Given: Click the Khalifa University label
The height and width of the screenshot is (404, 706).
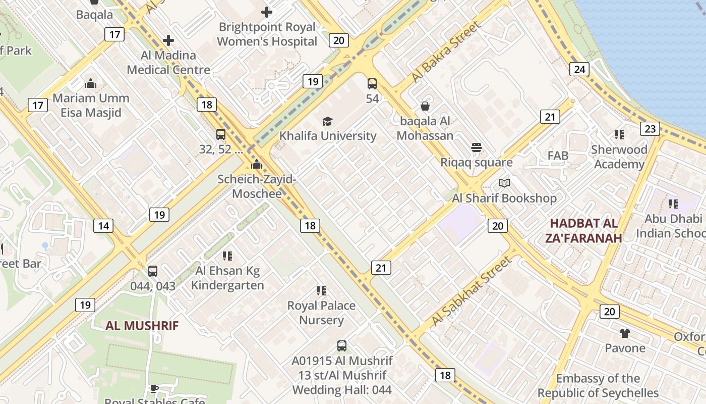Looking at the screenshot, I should [x=328, y=136].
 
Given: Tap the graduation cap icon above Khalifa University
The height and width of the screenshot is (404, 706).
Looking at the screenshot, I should [x=328, y=121].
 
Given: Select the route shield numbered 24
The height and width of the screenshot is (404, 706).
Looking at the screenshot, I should [x=579, y=69].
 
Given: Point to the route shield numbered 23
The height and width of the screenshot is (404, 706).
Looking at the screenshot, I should [x=650, y=129].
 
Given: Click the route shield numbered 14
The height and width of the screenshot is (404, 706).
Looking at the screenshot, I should [x=103, y=226].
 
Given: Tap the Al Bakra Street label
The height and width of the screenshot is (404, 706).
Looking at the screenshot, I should [x=445, y=52].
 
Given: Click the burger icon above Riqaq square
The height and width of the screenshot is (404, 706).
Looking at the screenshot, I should [x=477, y=147].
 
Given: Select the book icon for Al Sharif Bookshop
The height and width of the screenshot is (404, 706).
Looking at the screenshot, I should [x=504, y=183].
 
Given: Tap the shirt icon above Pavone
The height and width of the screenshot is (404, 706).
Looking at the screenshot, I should [x=625, y=333].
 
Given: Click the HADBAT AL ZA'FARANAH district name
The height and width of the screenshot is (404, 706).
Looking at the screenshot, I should [x=583, y=230].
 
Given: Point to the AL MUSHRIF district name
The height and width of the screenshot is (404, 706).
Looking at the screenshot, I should [x=142, y=326].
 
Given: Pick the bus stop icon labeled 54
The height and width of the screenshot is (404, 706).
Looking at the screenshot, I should [x=372, y=84].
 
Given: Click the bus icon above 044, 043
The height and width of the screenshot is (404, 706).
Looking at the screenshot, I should [x=153, y=271].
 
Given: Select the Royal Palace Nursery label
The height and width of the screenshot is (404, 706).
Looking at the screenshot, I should [x=321, y=313].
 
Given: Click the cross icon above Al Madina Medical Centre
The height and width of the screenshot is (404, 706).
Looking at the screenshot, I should [x=168, y=40].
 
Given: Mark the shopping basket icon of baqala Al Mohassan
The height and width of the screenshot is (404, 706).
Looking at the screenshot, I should [x=425, y=106].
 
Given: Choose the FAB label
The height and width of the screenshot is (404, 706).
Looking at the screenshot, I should [x=558, y=156].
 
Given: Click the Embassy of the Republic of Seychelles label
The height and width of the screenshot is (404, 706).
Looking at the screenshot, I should [x=598, y=385].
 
